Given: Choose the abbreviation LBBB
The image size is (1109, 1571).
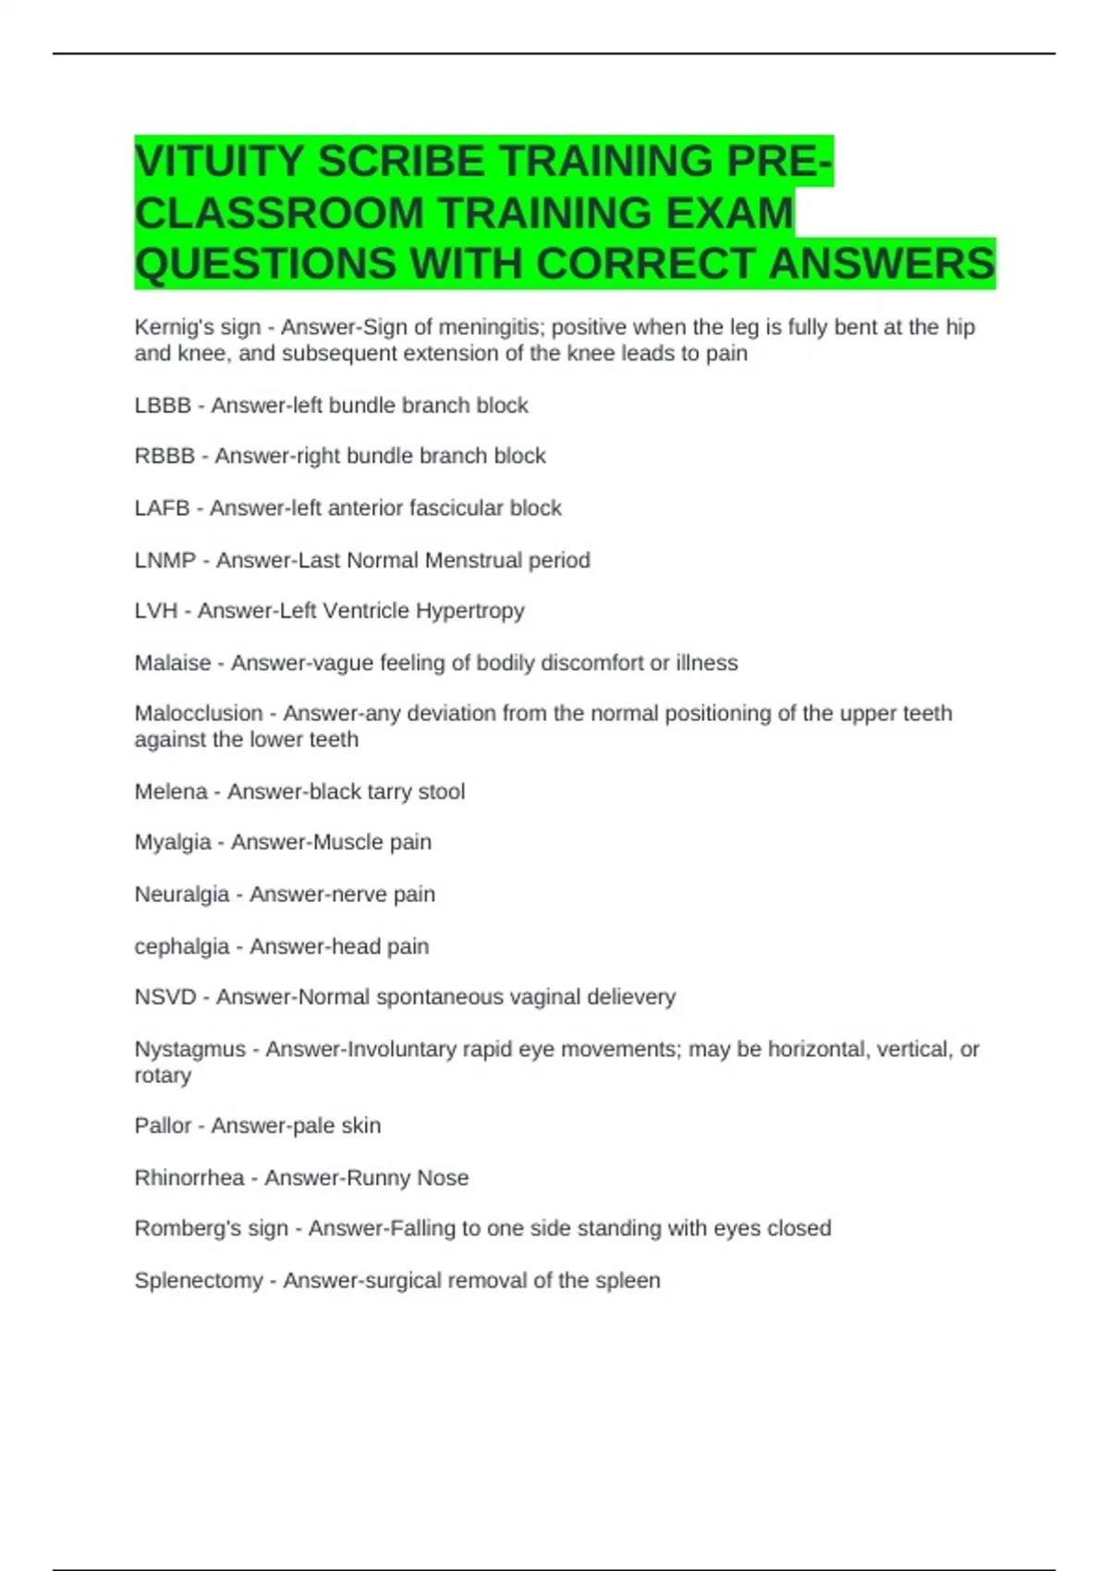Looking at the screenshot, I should [163, 405].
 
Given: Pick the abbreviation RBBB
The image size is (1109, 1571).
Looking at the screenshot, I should [165, 456].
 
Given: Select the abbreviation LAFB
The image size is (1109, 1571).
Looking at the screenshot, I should [162, 507].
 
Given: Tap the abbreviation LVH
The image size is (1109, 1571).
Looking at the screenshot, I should [156, 610].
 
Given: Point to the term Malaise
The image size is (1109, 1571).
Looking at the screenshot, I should [173, 663].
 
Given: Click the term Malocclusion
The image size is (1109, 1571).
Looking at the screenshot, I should [199, 713].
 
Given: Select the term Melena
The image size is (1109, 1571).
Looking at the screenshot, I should [171, 791].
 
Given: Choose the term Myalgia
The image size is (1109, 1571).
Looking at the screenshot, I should [173, 842].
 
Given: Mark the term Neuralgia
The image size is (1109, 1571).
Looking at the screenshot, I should [182, 894].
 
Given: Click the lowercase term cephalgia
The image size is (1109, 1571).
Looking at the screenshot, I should [182, 946].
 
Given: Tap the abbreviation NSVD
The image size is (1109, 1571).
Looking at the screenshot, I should [165, 996].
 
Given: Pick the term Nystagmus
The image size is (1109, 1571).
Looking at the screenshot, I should [190, 1049].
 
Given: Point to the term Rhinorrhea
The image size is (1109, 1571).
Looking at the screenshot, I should [189, 1177].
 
